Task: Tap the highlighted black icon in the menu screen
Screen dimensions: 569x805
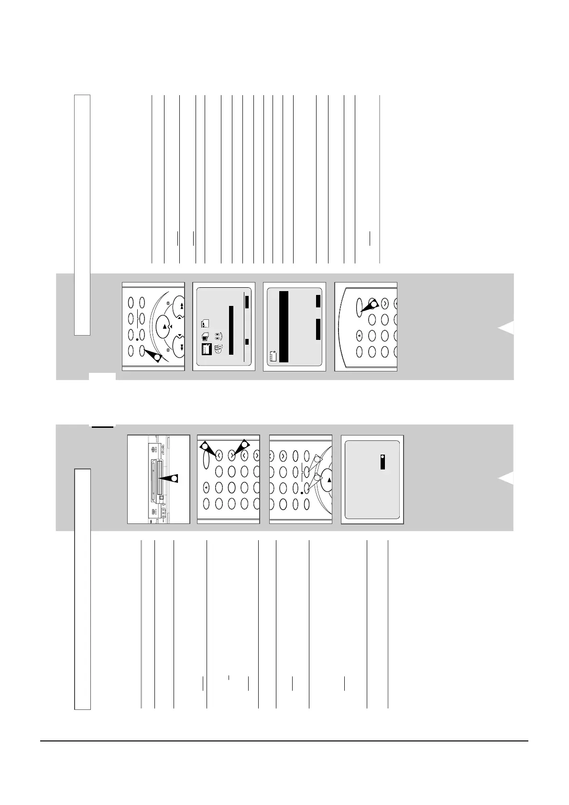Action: coord(205,349)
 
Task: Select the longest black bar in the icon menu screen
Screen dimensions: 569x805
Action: coord(230,330)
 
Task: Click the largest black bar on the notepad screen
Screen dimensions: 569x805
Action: coord(283,326)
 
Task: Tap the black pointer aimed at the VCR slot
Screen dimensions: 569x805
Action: coord(170,479)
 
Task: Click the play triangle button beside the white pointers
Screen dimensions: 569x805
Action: coord(328,480)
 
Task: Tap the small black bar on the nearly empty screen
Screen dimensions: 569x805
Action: coord(383,461)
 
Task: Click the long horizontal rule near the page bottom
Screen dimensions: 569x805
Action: coord(284,741)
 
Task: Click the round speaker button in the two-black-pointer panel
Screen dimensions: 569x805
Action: coord(206,487)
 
